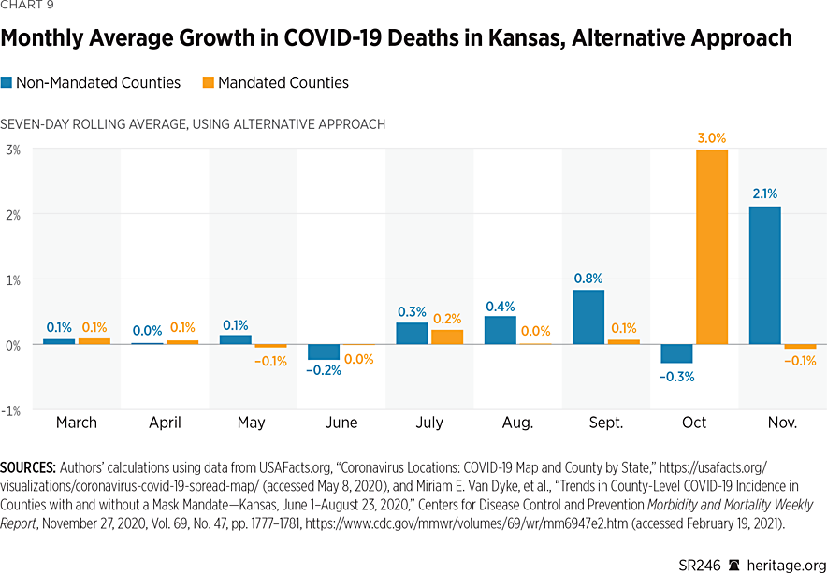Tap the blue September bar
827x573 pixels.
[x=588, y=317]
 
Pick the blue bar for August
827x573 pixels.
[x=500, y=330]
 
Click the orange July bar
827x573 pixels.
[x=447, y=337]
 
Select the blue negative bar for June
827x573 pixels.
[x=324, y=351]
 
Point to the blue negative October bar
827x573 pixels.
[x=676, y=353]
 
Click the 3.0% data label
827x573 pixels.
[x=711, y=138]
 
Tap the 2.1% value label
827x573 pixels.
[x=764, y=193]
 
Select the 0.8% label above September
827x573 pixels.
[x=588, y=278]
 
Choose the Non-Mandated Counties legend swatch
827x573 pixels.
[x=7, y=83]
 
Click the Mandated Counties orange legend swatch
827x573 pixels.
[x=208, y=83]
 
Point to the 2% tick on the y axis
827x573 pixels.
[x=13, y=214]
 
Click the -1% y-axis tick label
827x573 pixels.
[x=11, y=409]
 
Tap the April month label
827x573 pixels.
[x=165, y=423]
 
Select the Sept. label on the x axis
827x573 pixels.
[x=606, y=423]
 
